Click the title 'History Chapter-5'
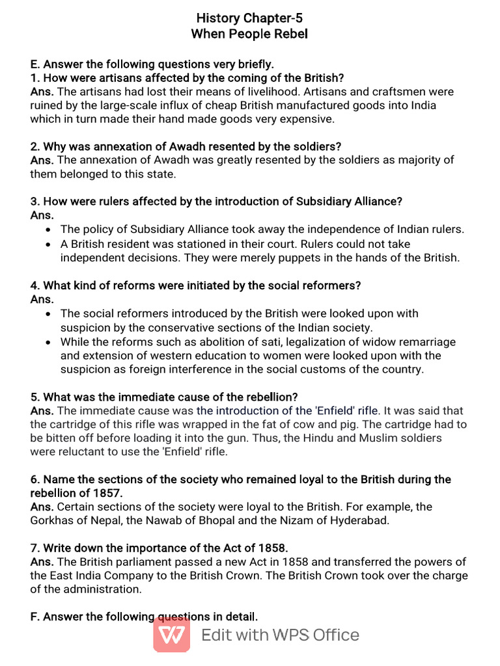[x=249, y=18]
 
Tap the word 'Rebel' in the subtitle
[x=290, y=34]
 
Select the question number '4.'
[x=35, y=286]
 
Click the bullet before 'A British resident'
[x=49, y=244]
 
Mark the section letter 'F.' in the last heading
[x=36, y=617]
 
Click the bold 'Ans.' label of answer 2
[x=42, y=160]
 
